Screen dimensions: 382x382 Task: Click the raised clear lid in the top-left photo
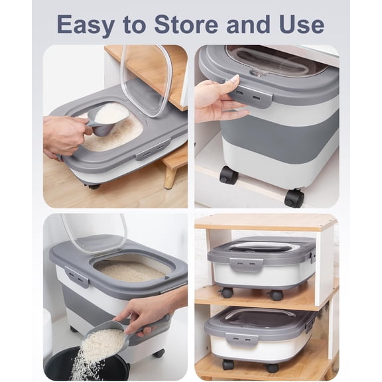(147, 76)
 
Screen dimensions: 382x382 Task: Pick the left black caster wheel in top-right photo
(229, 175)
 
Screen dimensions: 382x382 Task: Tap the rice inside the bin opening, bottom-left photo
(129, 269)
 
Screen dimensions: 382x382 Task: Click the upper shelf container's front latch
(247, 264)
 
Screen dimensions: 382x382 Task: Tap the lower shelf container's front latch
(241, 338)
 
